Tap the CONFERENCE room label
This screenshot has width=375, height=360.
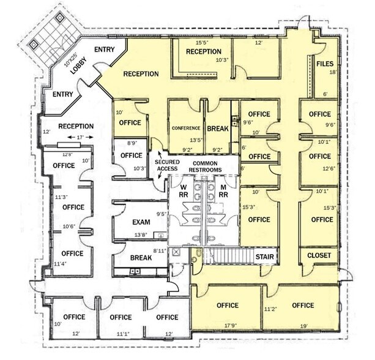tap(187, 129)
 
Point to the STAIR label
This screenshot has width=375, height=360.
tap(264, 257)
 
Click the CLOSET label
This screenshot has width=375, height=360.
tap(319, 255)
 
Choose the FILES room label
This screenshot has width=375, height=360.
tap(324, 62)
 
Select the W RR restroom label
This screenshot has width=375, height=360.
tap(183, 190)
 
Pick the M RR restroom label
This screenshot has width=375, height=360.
tap(224, 190)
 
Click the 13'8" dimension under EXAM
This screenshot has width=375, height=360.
tap(141, 234)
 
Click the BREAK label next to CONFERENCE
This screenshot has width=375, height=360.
tap(217, 129)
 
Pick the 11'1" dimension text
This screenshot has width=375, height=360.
tap(121, 334)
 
